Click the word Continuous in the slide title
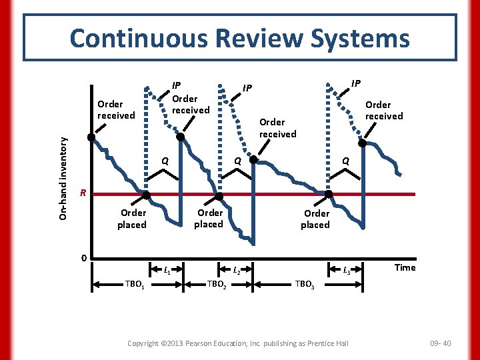[x=127, y=38]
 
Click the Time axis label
[x=405, y=268]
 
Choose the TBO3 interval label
[x=304, y=283]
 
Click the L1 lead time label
[x=167, y=271]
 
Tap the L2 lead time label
[x=237, y=271]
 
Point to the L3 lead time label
[x=347, y=271]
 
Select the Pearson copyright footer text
[x=238, y=343]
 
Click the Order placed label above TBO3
[x=316, y=219]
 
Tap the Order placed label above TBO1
[x=133, y=219]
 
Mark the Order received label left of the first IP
[x=116, y=109]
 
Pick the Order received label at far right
[x=384, y=110]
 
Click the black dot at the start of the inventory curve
[x=92, y=138]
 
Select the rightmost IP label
[x=356, y=83]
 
